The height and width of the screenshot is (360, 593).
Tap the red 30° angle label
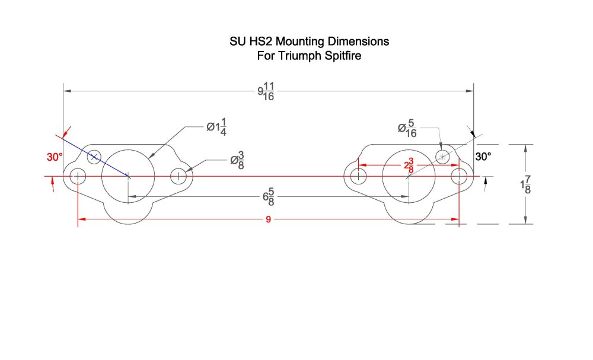[x=55, y=157]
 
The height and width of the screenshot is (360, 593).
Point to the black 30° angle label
[x=483, y=157]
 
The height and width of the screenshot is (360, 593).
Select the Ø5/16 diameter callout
[x=407, y=129]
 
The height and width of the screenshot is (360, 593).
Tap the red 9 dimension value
[x=269, y=219]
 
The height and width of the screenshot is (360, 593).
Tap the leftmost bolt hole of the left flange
[x=78, y=176]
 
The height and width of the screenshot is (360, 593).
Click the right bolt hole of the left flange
[x=178, y=176]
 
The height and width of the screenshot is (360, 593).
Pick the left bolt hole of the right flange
[x=358, y=176]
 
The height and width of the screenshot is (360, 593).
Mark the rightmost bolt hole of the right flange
[x=459, y=176]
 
